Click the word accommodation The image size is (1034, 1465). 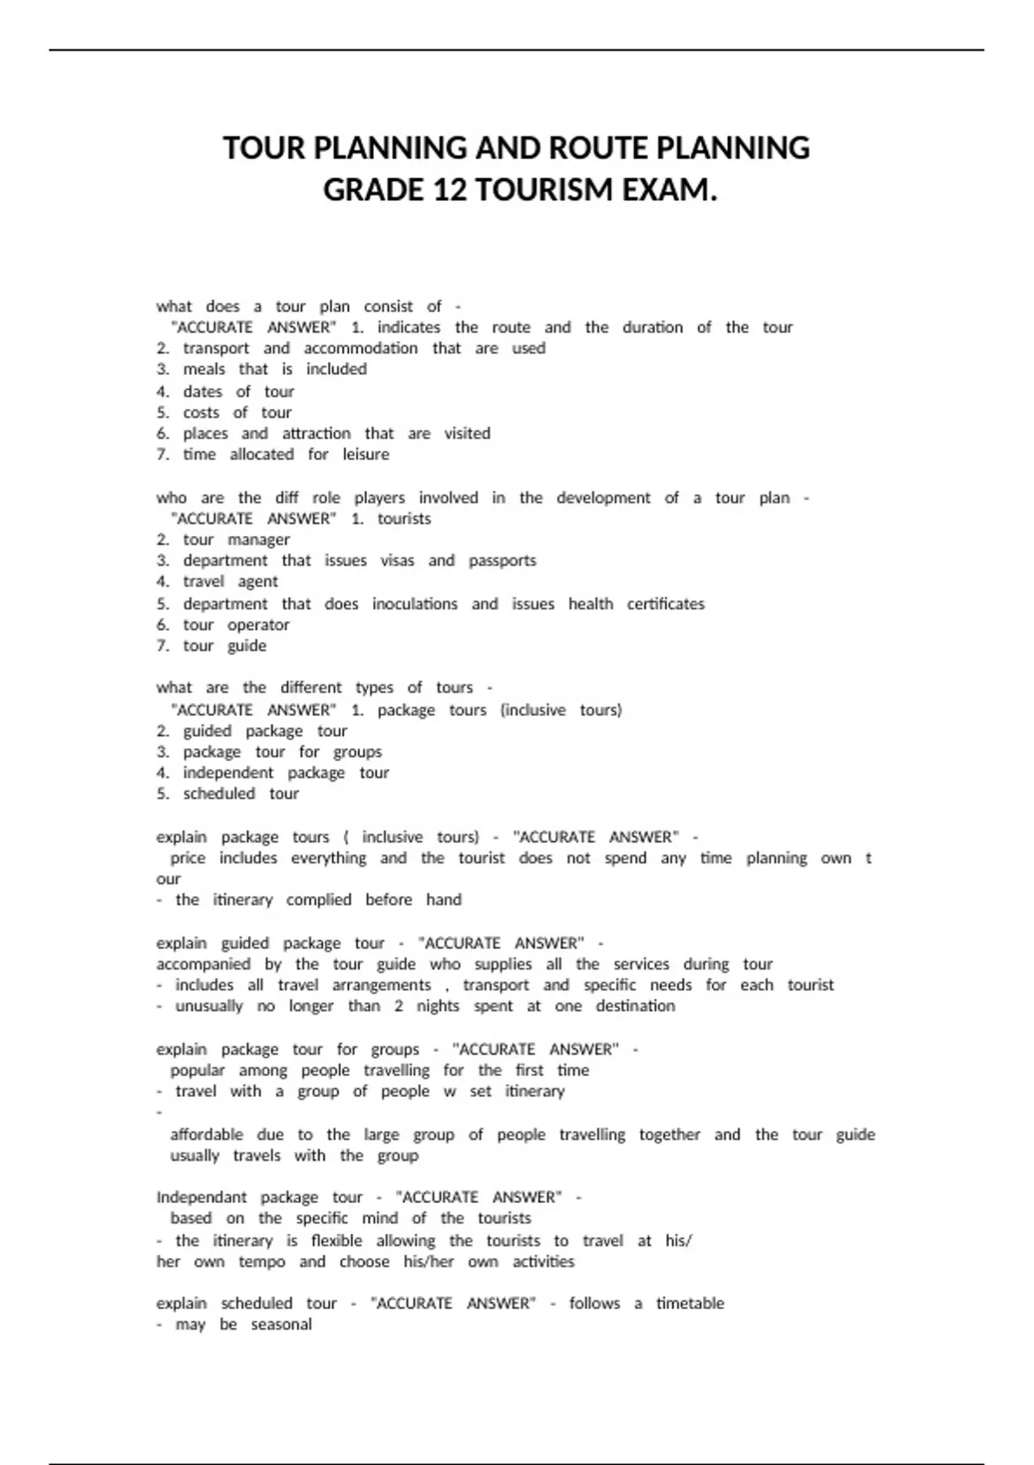point(360,348)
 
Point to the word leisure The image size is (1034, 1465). point(365,454)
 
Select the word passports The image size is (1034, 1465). point(502,560)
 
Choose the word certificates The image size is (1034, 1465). point(665,604)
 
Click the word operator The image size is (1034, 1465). point(258,625)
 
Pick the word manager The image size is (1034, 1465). point(258,539)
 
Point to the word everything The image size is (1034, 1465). point(328,858)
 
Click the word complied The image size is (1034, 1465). point(319,900)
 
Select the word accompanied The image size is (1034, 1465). point(203,964)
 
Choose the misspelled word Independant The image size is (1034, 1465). point(202,1197)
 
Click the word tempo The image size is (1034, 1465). point(262,1262)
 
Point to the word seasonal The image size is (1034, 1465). point(281,1325)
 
